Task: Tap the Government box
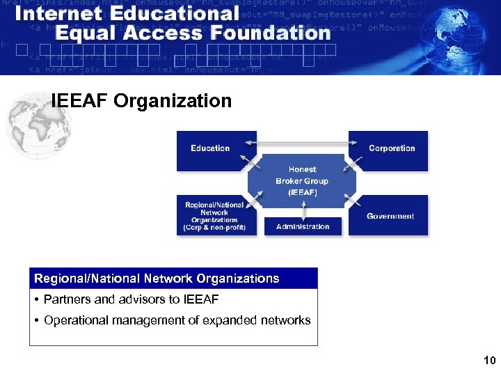[x=390, y=216]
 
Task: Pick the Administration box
[x=303, y=226]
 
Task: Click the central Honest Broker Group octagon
[x=302, y=180]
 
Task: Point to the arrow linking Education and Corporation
[x=302, y=143]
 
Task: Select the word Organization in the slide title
[x=173, y=102]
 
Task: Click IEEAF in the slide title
[x=79, y=102]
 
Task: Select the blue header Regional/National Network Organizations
[x=157, y=279]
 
